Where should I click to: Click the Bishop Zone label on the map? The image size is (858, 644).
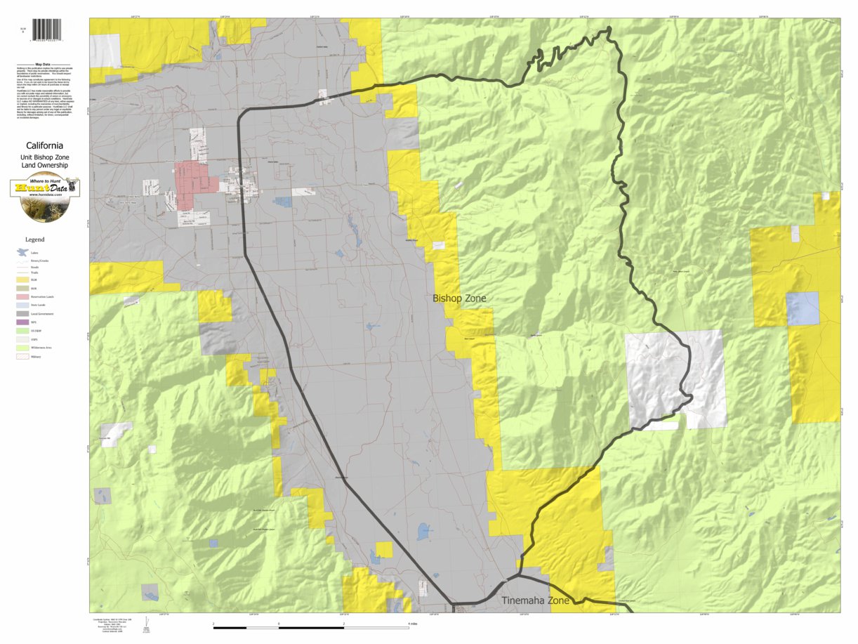(459, 298)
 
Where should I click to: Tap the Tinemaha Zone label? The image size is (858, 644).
(535, 601)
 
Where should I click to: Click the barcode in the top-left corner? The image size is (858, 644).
(47, 29)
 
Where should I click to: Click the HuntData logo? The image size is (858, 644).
(45, 197)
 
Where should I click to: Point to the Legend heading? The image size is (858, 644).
(34, 239)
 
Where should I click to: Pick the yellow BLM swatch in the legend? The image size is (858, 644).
(23, 280)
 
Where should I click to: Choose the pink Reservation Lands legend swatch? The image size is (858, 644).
(23, 296)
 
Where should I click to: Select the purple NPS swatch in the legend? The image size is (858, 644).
(23, 322)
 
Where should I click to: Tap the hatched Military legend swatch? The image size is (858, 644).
(23, 357)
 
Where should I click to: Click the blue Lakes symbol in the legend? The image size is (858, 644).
(23, 251)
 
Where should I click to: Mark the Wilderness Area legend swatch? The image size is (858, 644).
(23, 348)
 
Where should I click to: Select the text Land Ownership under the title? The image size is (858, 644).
(44, 165)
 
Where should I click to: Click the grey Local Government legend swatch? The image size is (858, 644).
(23, 313)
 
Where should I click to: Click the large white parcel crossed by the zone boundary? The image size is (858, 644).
(674, 379)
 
